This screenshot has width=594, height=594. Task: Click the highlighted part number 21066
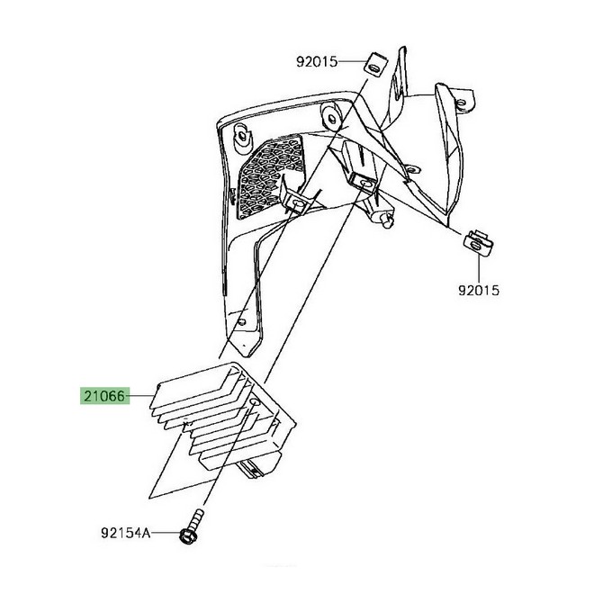click(104, 397)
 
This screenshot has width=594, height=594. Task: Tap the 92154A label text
click(126, 534)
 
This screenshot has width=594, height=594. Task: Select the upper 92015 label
click(317, 62)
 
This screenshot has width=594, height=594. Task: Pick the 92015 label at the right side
click(479, 291)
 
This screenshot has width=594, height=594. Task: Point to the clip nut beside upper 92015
click(373, 66)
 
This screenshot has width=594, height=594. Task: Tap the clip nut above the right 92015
click(478, 243)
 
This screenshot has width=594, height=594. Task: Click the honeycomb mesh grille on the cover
click(270, 176)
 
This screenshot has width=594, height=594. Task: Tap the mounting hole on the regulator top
click(255, 401)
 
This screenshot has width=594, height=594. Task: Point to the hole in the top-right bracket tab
click(462, 103)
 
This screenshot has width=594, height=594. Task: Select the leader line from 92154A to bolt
click(166, 533)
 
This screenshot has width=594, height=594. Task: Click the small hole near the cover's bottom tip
click(242, 322)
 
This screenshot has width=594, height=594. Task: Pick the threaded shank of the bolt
click(196, 519)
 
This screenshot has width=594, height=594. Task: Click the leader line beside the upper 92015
click(351, 61)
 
